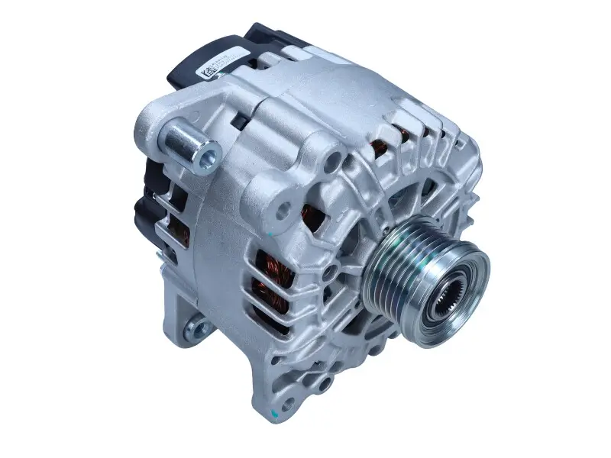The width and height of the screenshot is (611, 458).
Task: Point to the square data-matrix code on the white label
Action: point(207,72)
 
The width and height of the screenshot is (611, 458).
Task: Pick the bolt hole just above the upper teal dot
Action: point(285,207)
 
